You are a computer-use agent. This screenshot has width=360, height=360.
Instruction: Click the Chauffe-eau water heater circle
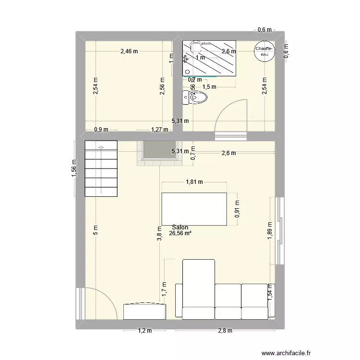tap(264, 51)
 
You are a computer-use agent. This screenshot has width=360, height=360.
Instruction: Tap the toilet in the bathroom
tap(196, 98)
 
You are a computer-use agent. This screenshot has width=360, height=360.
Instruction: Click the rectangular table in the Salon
tap(194, 209)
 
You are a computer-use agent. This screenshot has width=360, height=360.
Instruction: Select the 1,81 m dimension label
tap(194, 182)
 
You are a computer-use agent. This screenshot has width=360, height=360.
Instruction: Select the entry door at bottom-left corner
tap(98, 302)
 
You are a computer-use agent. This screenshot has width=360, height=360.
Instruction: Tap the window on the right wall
tap(279, 230)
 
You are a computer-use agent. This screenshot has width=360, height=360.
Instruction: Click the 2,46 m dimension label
tap(129, 51)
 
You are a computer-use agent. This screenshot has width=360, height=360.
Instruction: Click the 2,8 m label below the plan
tap(224, 331)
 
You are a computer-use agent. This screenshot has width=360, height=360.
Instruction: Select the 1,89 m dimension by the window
tap(270, 230)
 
